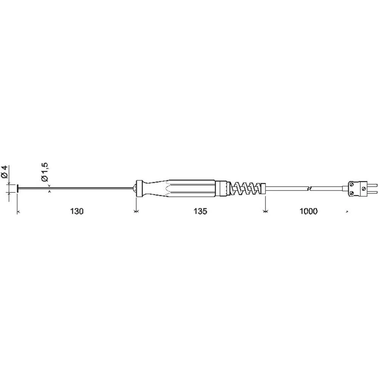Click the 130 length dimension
pos(77,211)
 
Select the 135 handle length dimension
pos(200,211)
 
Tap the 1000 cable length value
pos(308,211)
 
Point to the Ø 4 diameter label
pos(5,172)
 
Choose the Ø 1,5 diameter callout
pos(45,172)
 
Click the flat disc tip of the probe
pos(18,188)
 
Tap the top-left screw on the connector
pos(352,185)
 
